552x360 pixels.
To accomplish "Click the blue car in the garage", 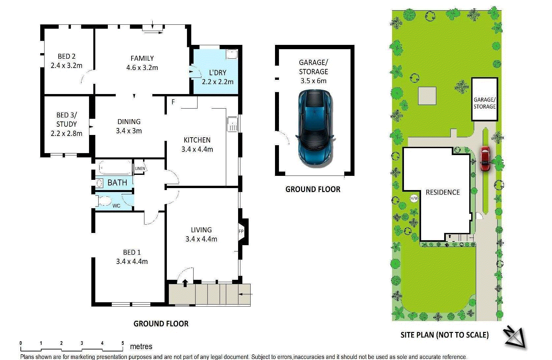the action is tap(315, 129).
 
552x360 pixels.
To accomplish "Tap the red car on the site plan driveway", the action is tap(485, 159).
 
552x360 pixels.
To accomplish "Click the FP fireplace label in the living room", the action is tap(241, 231).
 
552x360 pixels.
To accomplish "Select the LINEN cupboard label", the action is tap(140, 168).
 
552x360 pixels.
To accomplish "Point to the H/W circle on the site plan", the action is tap(414, 198).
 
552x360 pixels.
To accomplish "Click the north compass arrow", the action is tap(515, 338).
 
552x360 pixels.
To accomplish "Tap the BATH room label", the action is tap(117, 182).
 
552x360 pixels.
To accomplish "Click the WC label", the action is tap(116, 206).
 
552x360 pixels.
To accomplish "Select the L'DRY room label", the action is tap(218, 73).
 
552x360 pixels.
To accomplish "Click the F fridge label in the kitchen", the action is tap(173, 102).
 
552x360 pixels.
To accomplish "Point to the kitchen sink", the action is tap(232, 124).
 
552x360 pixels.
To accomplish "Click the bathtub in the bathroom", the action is tap(115, 168).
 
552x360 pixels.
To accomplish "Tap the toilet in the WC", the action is tap(104, 201).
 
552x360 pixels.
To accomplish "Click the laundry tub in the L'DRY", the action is tap(231, 54).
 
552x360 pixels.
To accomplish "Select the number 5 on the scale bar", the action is tap(122, 343).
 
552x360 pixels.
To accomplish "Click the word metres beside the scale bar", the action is tap(141, 346).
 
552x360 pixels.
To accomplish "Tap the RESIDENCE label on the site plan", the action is tap(443, 192).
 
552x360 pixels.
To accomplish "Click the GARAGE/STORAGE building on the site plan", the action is tap(484, 99).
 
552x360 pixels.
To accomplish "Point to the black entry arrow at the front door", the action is tap(185, 283).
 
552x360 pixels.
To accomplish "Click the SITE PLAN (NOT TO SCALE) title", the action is tap(445, 335).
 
